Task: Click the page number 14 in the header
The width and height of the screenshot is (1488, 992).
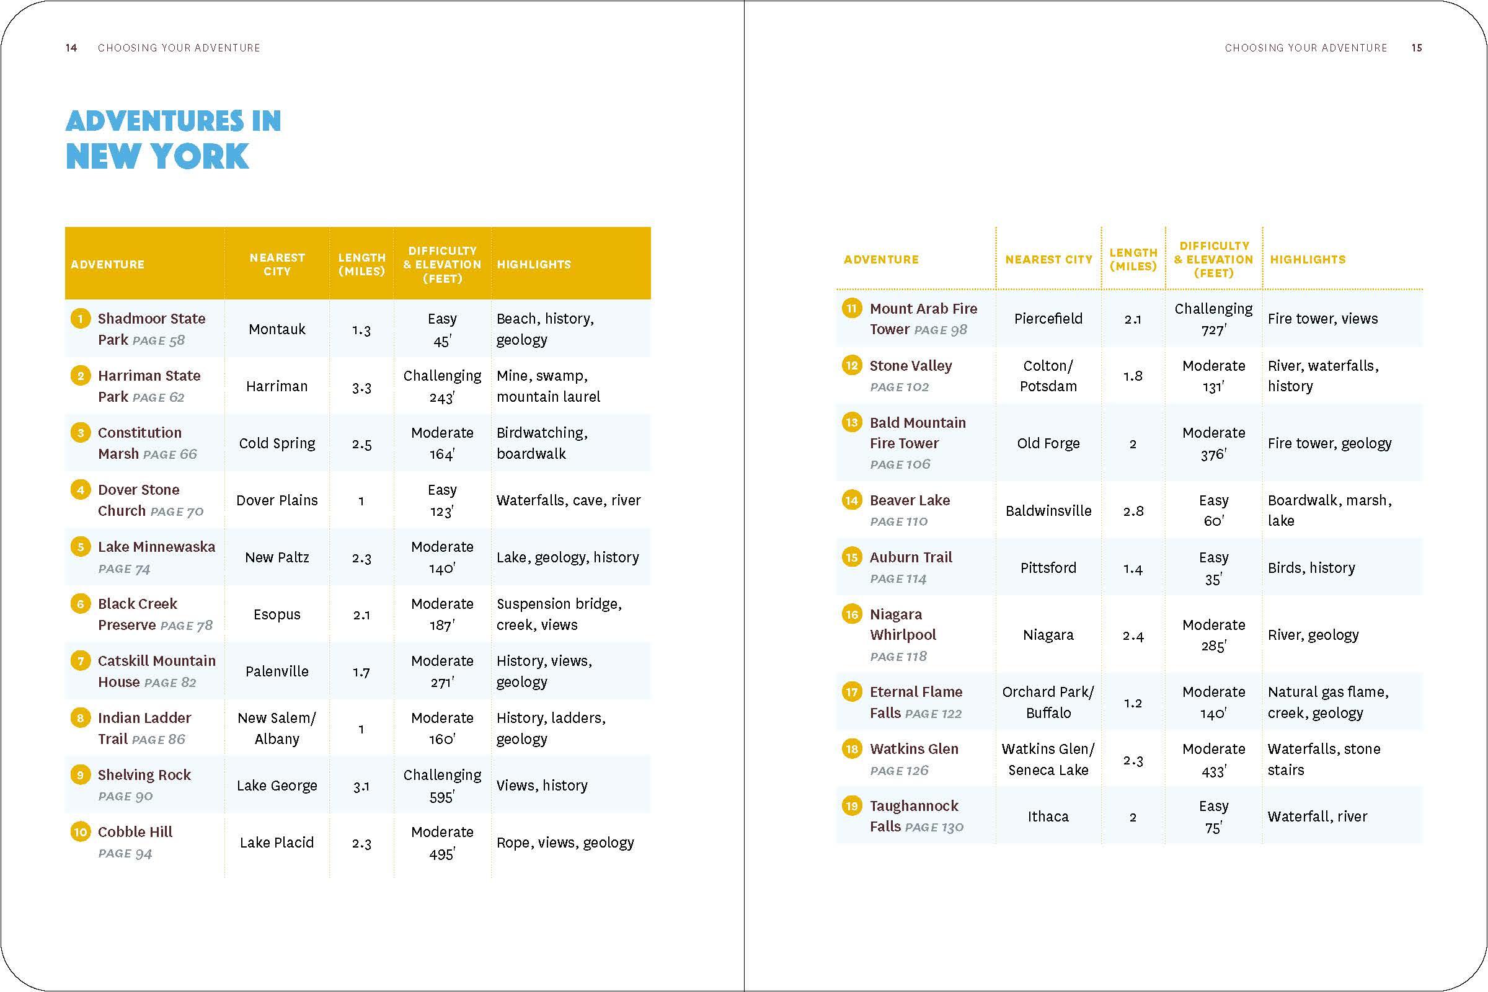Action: point(71,48)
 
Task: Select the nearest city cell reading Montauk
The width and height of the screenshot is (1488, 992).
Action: point(277,329)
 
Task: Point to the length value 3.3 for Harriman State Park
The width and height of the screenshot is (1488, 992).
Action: point(361,386)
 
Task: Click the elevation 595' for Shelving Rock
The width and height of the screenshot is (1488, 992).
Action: point(441,797)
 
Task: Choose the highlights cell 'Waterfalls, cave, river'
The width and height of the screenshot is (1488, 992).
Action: point(568,500)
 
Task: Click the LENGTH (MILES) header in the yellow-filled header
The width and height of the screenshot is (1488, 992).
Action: point(361,265)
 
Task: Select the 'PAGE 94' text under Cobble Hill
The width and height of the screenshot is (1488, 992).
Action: point(125,854)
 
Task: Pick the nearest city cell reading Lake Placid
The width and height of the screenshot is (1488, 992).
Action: point(277,843)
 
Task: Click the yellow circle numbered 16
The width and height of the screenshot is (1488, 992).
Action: point(851,614)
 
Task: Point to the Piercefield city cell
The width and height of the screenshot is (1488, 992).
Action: point(1048,319)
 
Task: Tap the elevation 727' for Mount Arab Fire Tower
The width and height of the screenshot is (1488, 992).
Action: point(1213,330)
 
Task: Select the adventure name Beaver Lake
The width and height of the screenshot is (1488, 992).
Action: point(909,500)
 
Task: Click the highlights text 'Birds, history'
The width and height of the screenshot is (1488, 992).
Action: point(1311,568)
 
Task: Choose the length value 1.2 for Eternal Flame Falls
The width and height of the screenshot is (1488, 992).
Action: point(1133,703)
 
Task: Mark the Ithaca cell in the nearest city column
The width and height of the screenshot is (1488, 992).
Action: point(1048,817)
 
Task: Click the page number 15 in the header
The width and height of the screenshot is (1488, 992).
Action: point(1417,48)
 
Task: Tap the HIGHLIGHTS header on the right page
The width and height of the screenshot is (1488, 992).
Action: point(1307,259)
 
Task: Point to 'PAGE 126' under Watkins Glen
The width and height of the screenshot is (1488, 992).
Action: point(899,771)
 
